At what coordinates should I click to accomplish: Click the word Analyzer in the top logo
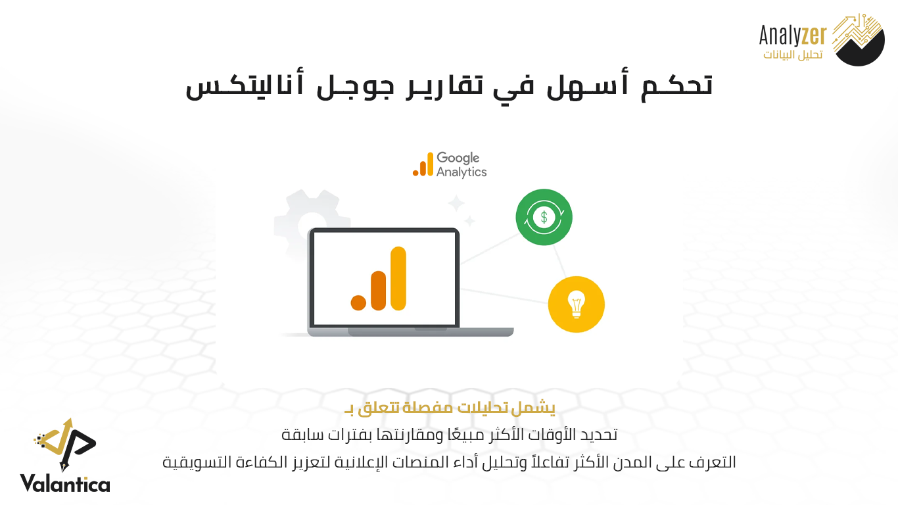793,36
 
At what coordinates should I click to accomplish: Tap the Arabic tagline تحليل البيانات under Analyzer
793,54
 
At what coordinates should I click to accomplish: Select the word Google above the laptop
458,158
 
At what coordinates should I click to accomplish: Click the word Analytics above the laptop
461,172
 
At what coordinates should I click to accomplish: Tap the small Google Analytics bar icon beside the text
423,164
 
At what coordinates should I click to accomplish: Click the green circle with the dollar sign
544,217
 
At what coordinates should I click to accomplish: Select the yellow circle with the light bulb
576,304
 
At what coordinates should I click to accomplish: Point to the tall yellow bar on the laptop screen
398,278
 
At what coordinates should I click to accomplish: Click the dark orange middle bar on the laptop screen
378,291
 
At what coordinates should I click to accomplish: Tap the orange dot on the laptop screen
358,302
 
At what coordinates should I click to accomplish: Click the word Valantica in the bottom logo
65,483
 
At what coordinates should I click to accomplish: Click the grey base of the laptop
410,331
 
